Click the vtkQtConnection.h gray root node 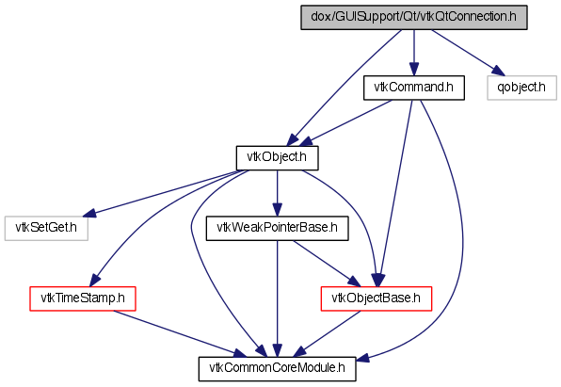point(414,17)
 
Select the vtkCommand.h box point(414,88)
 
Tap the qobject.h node point(521,88)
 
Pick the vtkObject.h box point(278,158)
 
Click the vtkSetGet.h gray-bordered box point(46,228)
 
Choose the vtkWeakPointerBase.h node point(278,228)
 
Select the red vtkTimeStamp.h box point(83,298)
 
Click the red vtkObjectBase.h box point(377,298)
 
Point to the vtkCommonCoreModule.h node point(278,369)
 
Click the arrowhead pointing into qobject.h point(498,71)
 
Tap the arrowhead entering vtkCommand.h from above point(414,69)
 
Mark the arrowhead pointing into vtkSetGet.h point(89,214)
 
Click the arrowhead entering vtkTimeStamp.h point(95,280)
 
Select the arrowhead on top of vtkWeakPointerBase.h point(278,209)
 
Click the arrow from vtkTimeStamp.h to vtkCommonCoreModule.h point(180,334)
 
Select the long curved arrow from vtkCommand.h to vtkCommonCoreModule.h point(462,229)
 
